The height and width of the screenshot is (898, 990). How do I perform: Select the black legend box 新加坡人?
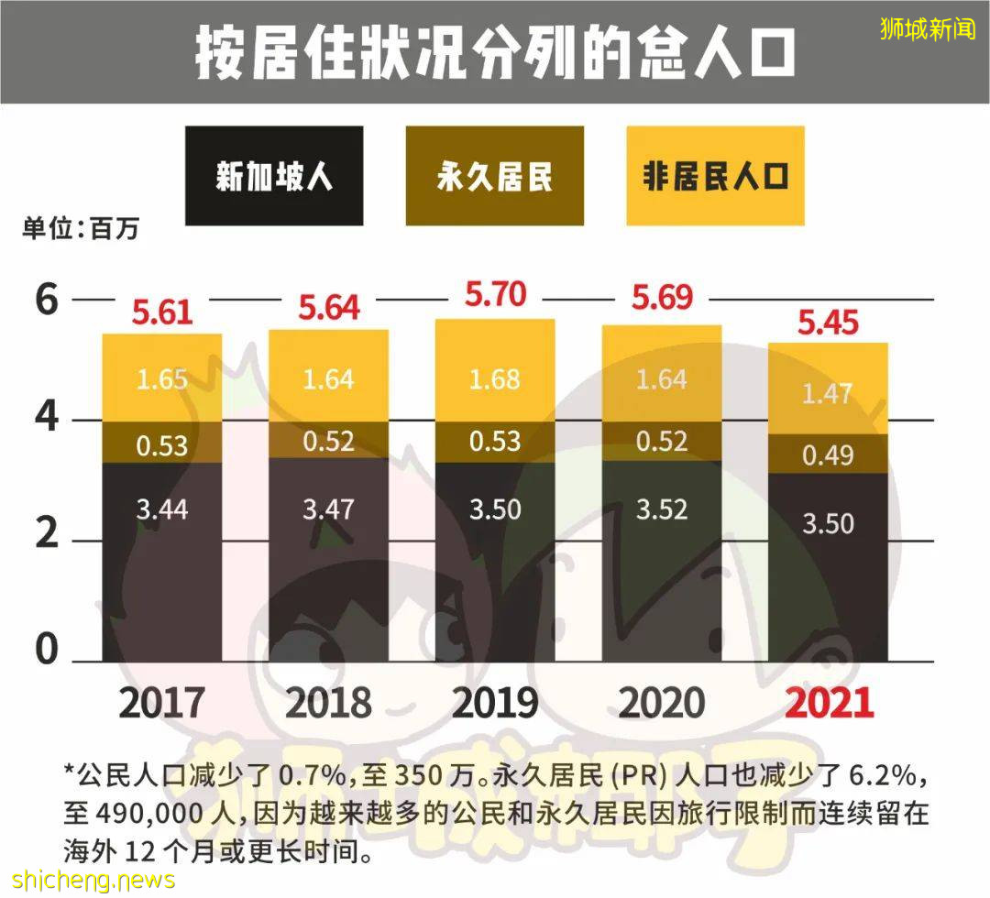click(x=273, y=176)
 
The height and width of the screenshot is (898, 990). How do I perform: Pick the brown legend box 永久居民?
click(x=494, y=176)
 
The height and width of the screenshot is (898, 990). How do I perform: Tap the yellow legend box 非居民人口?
click(x=715, y=176)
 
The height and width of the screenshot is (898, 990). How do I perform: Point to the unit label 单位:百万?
click(x=81, y=228)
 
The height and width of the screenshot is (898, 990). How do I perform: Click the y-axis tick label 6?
click(x=46, y=301)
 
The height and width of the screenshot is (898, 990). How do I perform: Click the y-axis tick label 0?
click(x=46, y=651)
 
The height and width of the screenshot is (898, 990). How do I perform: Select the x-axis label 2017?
click(x=161, y=704)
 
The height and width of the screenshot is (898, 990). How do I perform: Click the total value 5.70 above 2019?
click(x=495, y=295)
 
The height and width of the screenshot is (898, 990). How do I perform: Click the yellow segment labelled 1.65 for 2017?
click(x=162, y=378)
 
